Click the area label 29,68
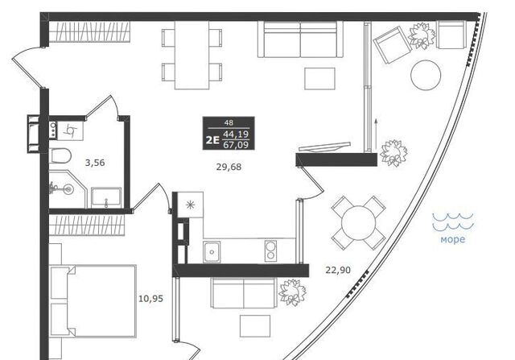(229, 167)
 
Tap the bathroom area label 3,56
(95, 163)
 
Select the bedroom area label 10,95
(150, 299)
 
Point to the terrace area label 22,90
(338, 271)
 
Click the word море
(452, 239)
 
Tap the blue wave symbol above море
(453, 221)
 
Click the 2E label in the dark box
(212, 140)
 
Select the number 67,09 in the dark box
(236, 145)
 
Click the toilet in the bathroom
(60, 155)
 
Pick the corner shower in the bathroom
(68, 189)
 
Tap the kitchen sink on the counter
(212, 252)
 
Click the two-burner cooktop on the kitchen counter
(270, 250)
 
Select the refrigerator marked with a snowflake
(190, 205)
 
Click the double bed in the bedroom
(93, 301)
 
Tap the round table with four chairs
(358, 223)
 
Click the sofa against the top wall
(300, 39)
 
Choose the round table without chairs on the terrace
(426, 75)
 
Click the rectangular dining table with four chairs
(192, 56)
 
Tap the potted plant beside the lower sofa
(292, 292)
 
